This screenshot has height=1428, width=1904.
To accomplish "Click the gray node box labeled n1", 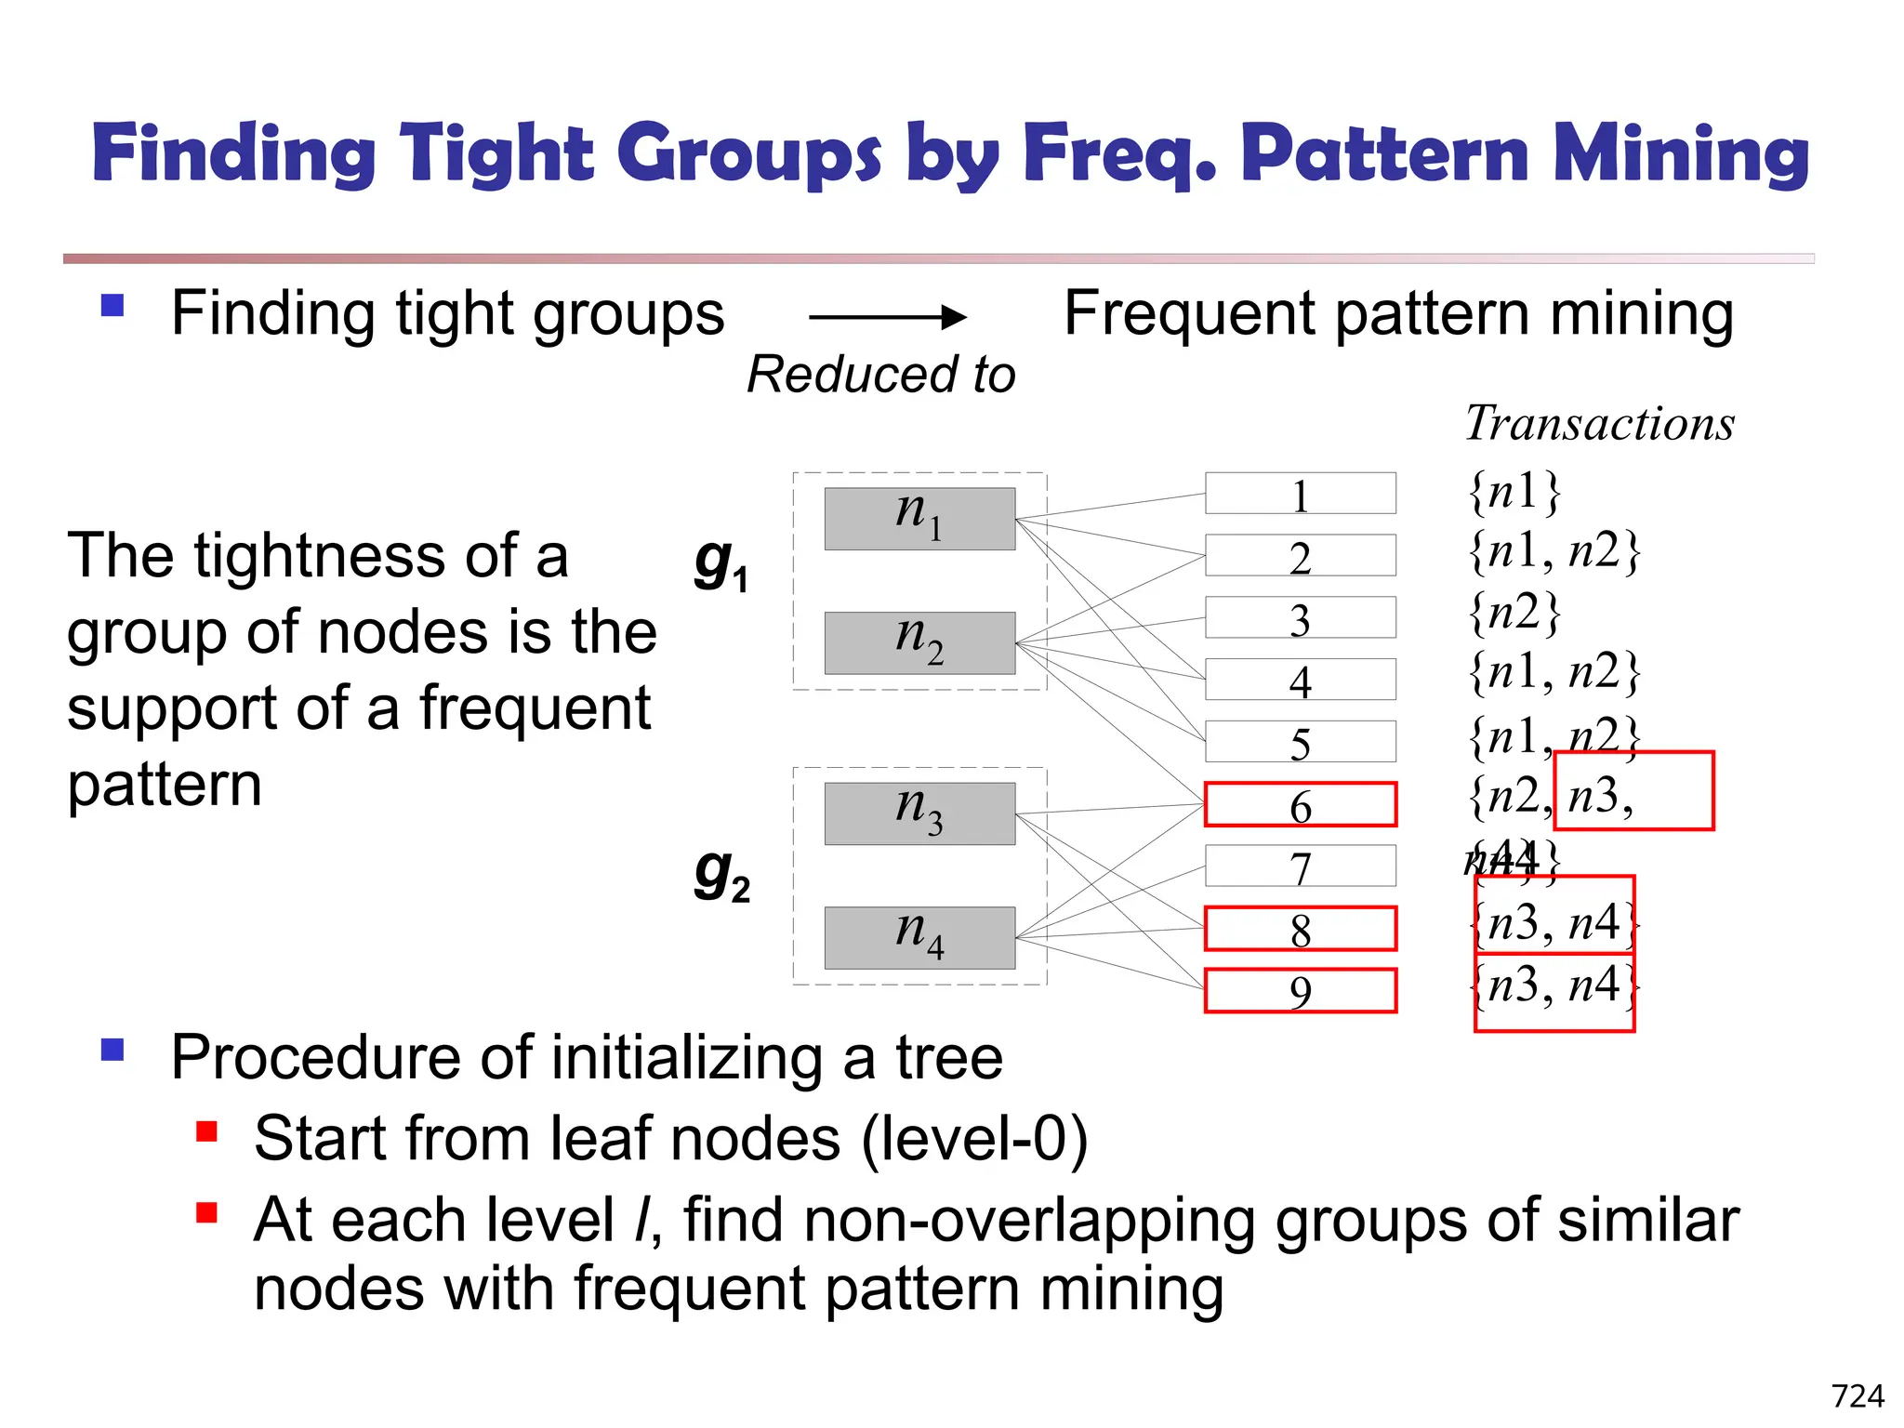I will click(x=919, y=518).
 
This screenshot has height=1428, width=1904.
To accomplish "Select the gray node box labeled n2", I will click(x=919, y=642).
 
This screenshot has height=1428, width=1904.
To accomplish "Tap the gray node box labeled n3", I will click(x=919, y=813).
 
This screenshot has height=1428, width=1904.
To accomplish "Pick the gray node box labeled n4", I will click(x=919, y=937).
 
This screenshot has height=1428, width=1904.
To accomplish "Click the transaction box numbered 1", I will click(x=1300, y=493).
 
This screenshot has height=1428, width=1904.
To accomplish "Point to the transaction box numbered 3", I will click(x=1300, y=617).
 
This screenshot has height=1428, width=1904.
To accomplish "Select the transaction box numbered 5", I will click(x=1300, y=742).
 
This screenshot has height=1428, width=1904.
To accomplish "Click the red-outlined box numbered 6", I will click(x=1300, y=804).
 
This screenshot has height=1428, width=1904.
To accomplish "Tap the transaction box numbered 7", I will click(x=1300, y=866).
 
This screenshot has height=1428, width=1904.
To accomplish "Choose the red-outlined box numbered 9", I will click(x=1300, y=990).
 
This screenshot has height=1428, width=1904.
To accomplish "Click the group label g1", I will click(x=721, y=563).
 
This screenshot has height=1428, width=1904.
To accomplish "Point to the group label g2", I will click(x=721, y=874).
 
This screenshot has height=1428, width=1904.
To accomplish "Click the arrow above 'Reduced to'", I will click(x=887, y=318).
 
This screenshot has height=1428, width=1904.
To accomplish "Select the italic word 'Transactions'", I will click(x=1599, y=424).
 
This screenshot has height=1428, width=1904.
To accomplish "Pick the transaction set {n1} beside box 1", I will click(x=1514, y=491).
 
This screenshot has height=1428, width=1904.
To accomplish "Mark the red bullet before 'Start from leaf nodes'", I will click(x=206, y=1131).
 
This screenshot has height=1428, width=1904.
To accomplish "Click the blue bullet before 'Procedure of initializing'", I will click(x=112, y=1050).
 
